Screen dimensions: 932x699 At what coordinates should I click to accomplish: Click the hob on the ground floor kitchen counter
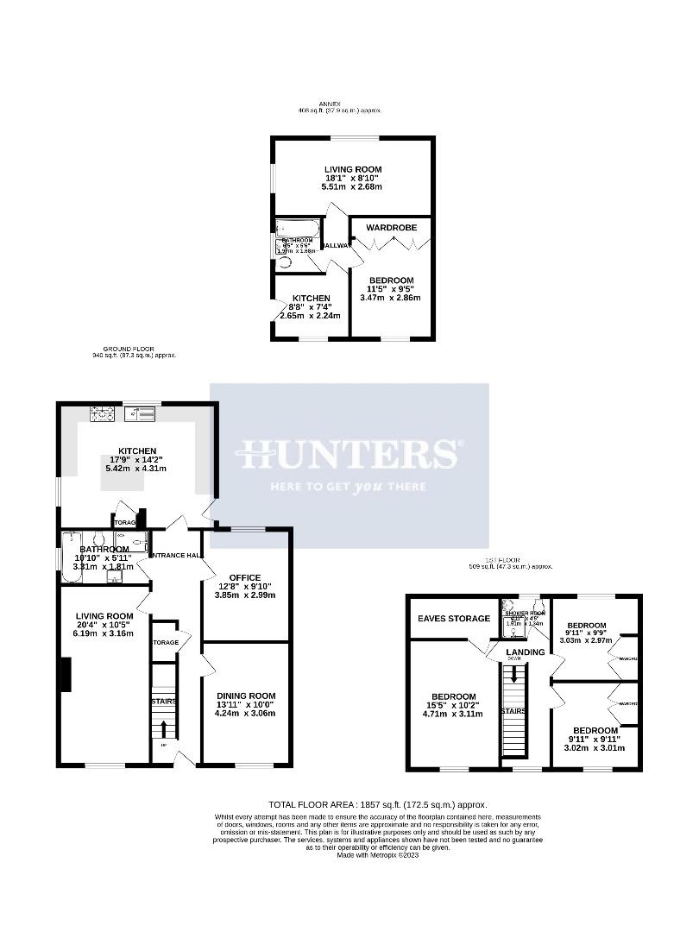[x=103, y=415]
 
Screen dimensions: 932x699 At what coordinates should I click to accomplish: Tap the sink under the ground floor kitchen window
[x=142, y=414]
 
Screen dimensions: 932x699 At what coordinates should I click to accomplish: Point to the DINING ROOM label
[x=245, y=696]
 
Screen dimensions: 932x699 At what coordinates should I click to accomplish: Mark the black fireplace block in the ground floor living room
[x=65, y=674]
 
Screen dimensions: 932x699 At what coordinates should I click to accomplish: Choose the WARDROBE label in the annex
[x=391, y=228]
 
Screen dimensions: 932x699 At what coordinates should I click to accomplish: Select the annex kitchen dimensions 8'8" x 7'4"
[x=310, y=306]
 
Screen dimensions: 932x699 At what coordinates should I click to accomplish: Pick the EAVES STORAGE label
[x=454, y=618]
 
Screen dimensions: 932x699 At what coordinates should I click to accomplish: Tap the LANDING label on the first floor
[x=526, y=652]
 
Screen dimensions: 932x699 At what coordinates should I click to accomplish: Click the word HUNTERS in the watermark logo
[x=349, y=454]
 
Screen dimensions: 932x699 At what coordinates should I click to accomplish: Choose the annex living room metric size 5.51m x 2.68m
[x=352, y=186]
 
